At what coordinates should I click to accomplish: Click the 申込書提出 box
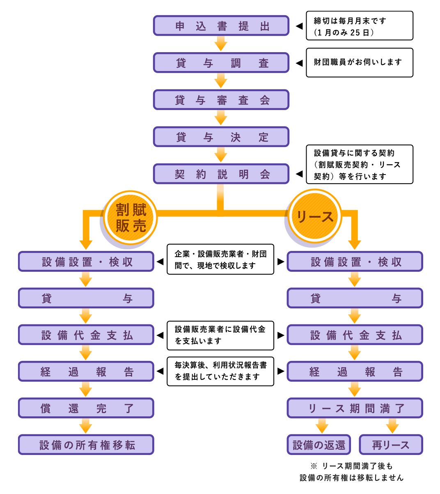221,26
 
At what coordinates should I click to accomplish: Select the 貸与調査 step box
221,63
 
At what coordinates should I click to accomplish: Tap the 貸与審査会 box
221,100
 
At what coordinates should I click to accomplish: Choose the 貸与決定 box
221,137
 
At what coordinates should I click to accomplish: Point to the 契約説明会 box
221,174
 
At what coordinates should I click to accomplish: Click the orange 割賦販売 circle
131,218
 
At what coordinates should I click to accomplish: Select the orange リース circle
315,216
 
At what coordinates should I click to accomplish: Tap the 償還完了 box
86,408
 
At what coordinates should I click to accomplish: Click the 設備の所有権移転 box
86,445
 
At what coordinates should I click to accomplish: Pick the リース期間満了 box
355,408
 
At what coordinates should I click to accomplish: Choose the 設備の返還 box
319,445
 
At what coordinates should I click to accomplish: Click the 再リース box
391,445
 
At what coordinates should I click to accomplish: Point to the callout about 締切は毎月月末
359,26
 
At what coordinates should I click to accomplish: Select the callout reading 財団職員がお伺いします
359,62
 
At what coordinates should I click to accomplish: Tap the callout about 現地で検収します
220,260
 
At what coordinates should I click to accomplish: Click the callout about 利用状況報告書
220,371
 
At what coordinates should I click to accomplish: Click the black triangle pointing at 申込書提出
299,26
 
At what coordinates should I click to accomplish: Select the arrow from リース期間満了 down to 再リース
392,426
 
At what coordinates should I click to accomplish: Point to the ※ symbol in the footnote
314,466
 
